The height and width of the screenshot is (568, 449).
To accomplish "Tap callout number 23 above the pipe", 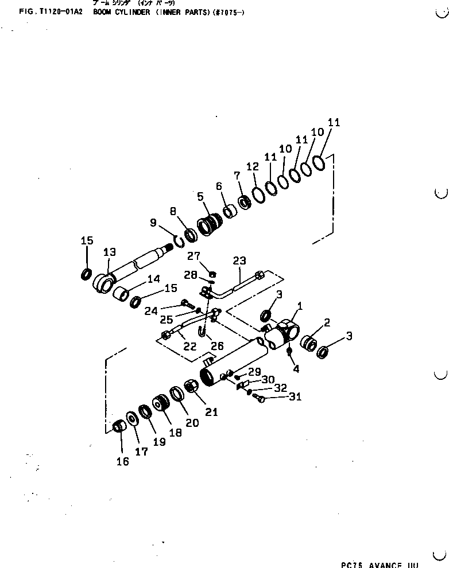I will click(x=239, y=260).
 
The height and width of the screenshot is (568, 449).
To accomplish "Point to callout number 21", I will click(x=212, y=395).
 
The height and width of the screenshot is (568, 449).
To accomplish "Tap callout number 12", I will click(x=253, y=166).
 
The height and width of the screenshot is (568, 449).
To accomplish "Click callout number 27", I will click(x=193, y=256).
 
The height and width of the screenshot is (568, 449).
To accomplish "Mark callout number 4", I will click(x=296, y=369).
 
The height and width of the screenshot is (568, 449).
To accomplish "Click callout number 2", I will click(x=326, y=323).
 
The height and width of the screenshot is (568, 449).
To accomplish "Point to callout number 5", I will click(x=200, y=197).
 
